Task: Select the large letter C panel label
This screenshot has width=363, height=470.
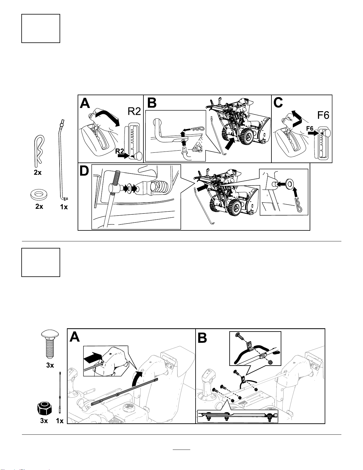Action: [279, 103]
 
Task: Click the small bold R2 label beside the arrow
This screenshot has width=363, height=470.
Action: [119, 151]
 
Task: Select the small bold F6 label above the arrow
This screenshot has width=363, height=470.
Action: [310, 128]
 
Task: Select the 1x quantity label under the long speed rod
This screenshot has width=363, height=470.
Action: [64, 207]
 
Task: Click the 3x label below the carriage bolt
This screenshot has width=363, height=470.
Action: [50, 365]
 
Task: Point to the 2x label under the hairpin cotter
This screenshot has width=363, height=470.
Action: [38, 173]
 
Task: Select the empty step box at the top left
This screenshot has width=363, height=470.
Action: [41, 28]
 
